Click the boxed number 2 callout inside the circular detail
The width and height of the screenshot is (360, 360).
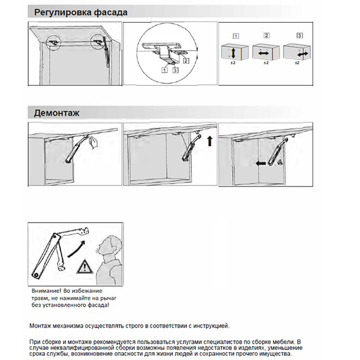[187, 60]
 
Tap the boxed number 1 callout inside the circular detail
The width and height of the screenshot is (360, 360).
[164, 70]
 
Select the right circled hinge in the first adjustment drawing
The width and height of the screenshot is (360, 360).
[97, 42]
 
